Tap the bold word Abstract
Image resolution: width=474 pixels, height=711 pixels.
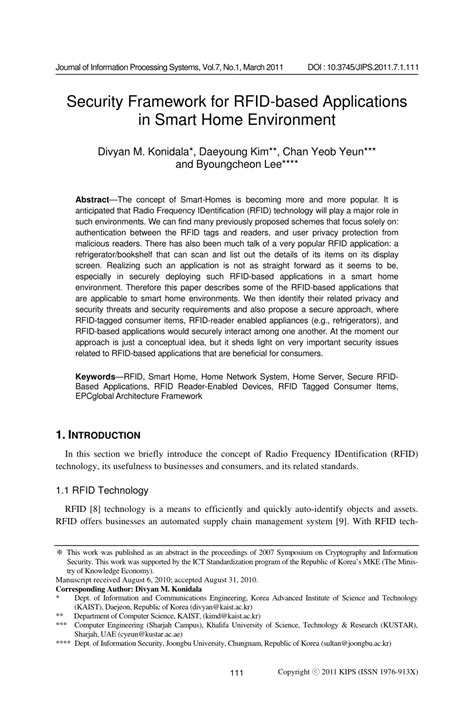click(98, 201)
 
